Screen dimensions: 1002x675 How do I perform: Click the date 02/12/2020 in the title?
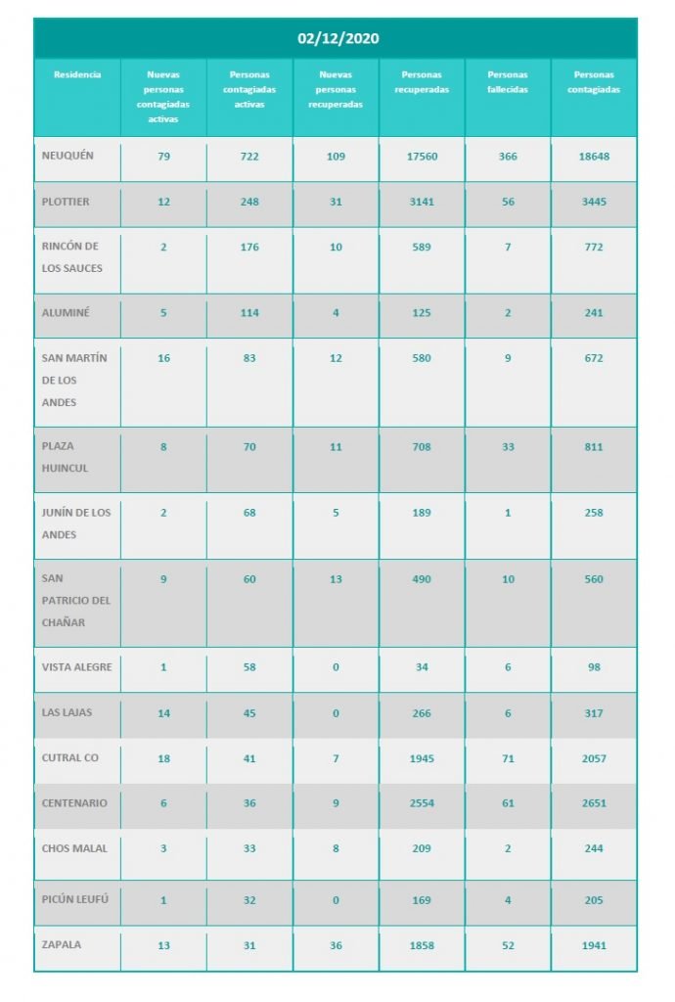click(337, 39)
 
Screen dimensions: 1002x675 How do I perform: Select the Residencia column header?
click(77, 74)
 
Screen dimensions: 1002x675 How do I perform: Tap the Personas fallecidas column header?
click(508, 81)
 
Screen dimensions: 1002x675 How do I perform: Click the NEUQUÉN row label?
click(68, 157)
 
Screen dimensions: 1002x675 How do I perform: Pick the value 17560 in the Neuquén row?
click(422, 157)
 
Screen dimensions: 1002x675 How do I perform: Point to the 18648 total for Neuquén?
click(594, 157)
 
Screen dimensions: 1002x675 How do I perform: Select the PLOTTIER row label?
click(67, 202)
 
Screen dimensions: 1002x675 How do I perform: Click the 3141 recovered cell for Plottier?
click(422, 202)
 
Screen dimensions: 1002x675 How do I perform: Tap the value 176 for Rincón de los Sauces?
click(249, 247)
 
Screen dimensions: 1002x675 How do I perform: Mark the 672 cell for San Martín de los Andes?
click(594, 358)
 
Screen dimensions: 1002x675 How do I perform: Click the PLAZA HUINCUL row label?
click(66, 457)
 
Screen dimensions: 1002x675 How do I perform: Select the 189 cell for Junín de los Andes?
click(422, 513)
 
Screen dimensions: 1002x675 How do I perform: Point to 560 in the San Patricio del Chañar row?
click(594, 579)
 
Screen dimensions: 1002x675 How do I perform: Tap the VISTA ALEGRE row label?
click(77, 667)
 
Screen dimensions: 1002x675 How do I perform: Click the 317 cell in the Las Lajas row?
click(594, 712)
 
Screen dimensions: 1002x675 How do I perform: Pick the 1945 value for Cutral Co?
click(422, 758)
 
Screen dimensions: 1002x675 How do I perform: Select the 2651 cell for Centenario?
click(594, 803)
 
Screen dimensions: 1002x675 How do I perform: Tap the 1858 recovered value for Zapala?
click(422, 946)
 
